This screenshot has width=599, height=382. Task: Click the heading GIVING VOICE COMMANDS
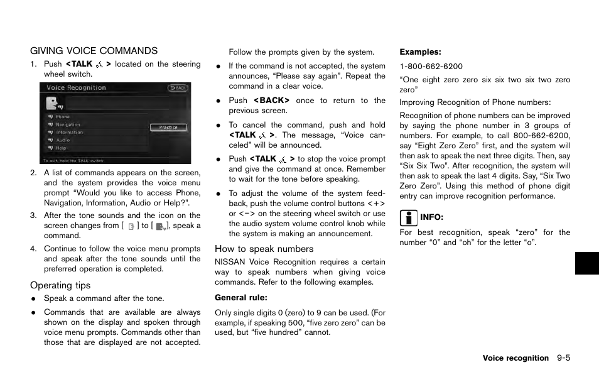point(94,51)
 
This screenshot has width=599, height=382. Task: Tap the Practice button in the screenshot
point(168,127)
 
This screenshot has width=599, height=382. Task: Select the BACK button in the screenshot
point(178,88)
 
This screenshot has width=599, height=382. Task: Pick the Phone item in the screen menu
point(63,117)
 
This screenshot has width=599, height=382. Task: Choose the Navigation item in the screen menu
point(68,125)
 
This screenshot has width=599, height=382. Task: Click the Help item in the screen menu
point(61,148)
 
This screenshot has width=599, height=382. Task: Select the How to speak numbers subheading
point(264,249)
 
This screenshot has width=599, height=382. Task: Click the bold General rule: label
point(241,298)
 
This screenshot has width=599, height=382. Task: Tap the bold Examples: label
point(421,52)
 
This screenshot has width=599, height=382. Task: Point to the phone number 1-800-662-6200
point(431,66)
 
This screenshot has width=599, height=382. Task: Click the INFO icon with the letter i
point(408,218)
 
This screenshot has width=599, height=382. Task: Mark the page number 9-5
point(563,358)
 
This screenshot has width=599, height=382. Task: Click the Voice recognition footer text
point(515,358)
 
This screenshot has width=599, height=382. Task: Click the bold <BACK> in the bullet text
point(271,101)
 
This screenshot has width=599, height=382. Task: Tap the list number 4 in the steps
point(33,249)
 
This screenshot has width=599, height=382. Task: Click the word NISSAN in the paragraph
point(230,263)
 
